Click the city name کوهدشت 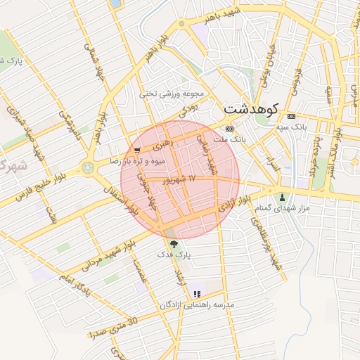(251, 109)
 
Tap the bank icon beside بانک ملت (229, 129)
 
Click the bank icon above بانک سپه (290, 116)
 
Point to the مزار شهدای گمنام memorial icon (283, 197)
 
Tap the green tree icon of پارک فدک (173, 245)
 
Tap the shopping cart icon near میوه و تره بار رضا (136, 150)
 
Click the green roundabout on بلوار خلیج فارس (88, 167)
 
